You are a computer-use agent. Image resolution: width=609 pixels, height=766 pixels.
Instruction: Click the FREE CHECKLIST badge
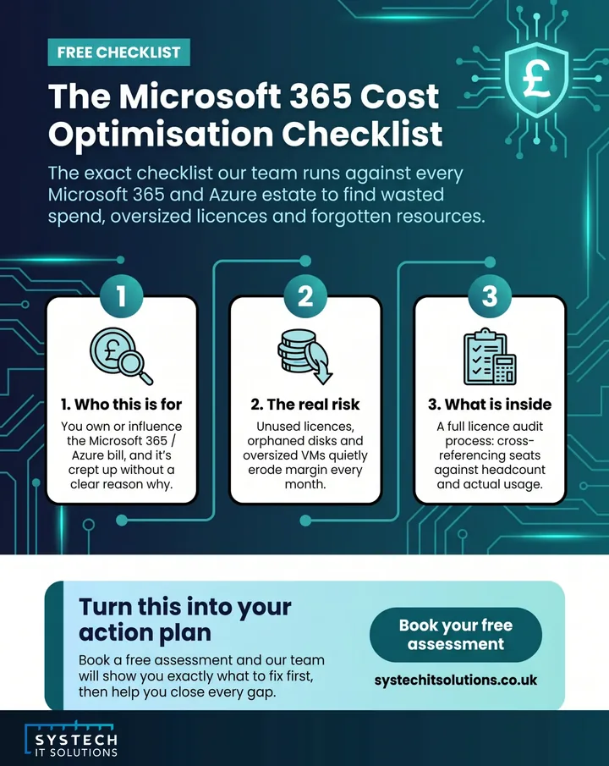pos(118,52)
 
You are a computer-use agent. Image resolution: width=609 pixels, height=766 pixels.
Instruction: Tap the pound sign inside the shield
pos(536,79)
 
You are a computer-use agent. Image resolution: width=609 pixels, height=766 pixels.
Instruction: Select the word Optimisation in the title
pos(161,134)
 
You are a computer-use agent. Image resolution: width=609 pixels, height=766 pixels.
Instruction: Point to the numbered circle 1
pos(121,296)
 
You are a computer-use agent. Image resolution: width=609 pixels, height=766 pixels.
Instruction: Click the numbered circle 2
pos(305,296)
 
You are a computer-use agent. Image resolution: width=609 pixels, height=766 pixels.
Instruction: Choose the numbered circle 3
pos(490,296)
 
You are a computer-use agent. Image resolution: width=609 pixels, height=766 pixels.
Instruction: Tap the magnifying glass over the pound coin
pos(134,366)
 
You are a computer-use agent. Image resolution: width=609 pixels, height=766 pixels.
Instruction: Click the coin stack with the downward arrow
pos(304,355)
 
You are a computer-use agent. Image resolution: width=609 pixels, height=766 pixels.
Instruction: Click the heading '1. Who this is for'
pos(121,405)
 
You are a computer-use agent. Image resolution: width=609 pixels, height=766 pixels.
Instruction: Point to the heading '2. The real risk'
pos(305,405)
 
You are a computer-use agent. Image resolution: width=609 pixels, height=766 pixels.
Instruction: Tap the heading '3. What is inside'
pos(490,405)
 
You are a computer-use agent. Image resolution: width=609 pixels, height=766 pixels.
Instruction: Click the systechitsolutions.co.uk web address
pos(456,680)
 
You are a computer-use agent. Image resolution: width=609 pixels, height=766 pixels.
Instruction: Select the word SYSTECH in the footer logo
pos(76,740)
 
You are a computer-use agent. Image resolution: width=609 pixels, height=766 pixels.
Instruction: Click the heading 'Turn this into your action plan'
pos(185,620)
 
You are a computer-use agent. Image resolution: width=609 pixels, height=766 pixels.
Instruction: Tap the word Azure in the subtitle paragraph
pos(233,195)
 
